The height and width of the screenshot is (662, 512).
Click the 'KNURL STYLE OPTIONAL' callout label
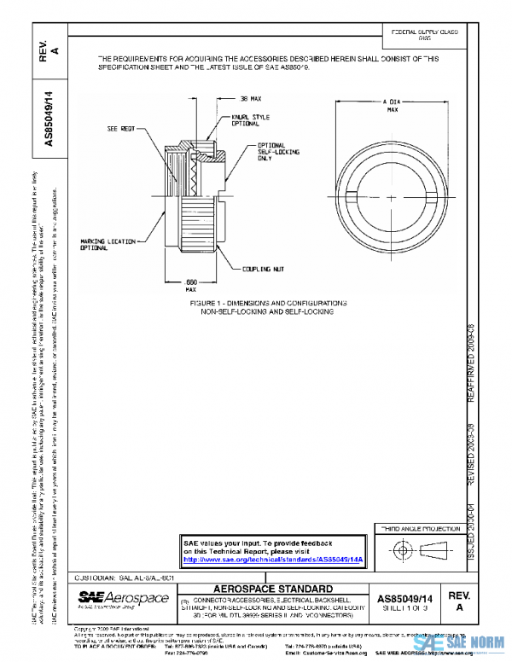[x=245, y=122]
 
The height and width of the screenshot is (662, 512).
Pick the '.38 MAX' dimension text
[x=249, y=99]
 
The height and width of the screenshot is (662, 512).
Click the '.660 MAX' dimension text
[x=192, y=286]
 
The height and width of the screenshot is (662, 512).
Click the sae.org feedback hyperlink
[x=274, y=560]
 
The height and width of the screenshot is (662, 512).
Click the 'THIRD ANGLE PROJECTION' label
[x=418, y=530]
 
